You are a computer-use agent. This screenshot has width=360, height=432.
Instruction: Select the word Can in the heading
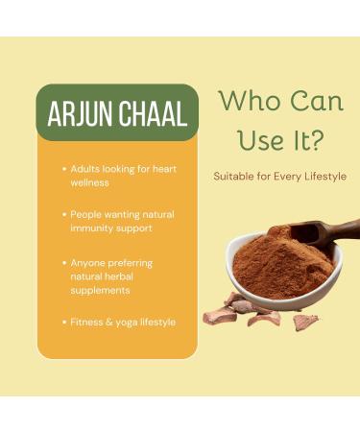click(310, 102)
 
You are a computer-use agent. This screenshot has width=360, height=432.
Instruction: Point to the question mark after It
click(316, 141)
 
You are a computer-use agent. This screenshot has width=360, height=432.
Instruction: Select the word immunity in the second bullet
click(93, 228)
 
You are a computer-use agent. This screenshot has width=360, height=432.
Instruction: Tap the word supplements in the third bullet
click(101, 290)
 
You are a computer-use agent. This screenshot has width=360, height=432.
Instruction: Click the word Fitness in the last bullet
click(86, 323)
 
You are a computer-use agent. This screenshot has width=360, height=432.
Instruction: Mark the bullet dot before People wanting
click(63, 214)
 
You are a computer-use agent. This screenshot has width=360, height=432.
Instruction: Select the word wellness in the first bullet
click(89, 181)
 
